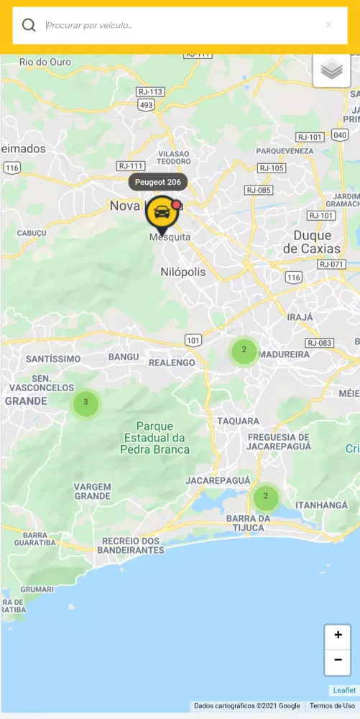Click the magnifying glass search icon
tap(29, 25)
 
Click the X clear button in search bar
tap(328, 25)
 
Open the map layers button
tap(331, 70)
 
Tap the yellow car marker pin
tap(163, 213)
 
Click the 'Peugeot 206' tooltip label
tap(158, 182)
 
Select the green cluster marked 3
tap(86, 403)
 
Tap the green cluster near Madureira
tap(244, 351)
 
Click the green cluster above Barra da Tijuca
tap(266, 496)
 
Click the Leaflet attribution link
tap(344, 690)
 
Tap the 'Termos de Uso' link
tap(332, 706)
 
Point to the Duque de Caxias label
tap(312, 242)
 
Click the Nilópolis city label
tap(182, 272)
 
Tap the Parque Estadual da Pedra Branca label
tap(155, 438)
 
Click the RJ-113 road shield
tap(151, 92)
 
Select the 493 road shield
tap(147, 105)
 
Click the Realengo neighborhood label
tap(172, 362)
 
